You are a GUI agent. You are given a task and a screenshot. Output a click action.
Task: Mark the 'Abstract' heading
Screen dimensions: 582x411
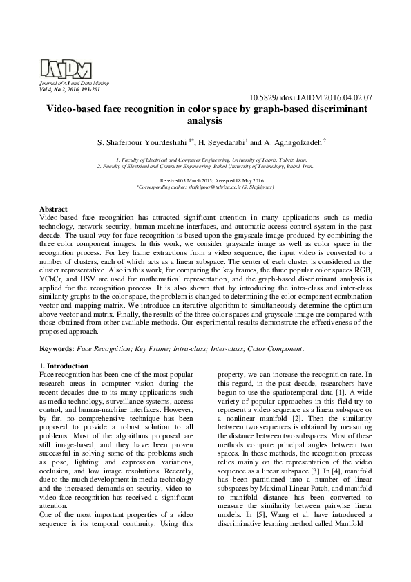(x=53, y=208)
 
